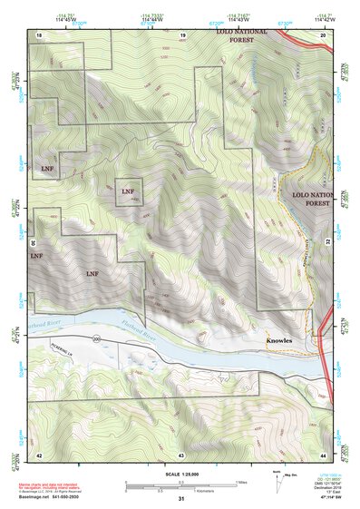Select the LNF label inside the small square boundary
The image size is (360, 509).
tap(128, 191)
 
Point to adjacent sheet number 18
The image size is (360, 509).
tap(39, 34)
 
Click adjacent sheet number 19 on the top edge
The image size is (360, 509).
tap(182, 34)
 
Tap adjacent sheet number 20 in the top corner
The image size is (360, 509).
tap(323, 34)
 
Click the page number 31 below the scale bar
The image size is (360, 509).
tap(181, 498)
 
